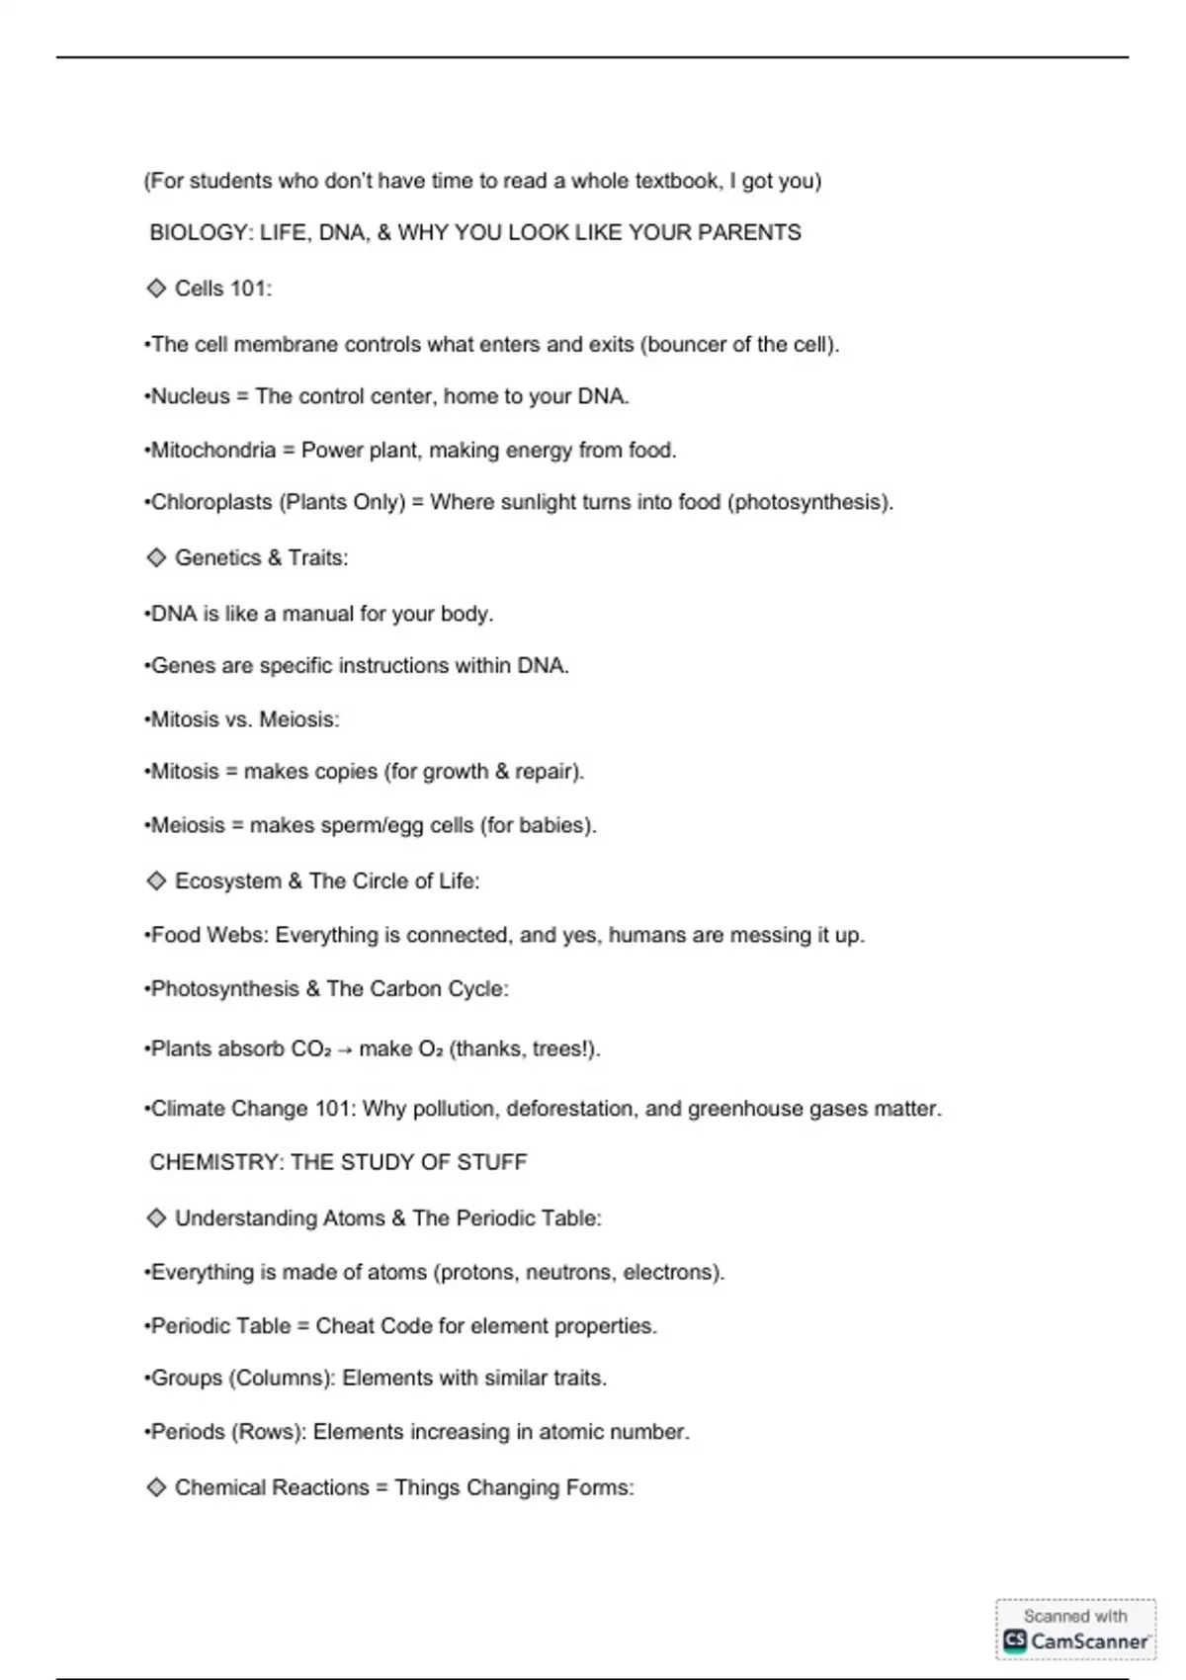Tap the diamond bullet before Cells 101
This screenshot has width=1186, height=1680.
156,288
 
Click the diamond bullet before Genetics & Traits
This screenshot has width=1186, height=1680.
156,557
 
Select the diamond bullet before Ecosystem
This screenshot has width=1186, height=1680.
156,881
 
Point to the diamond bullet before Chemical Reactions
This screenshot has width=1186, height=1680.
156,1487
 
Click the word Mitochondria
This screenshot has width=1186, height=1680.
212,451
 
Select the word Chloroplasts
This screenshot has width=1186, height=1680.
212,502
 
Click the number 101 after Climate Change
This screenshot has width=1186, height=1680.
333,1109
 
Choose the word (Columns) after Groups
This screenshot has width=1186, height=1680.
283,1379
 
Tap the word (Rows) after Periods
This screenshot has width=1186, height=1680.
268,1432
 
